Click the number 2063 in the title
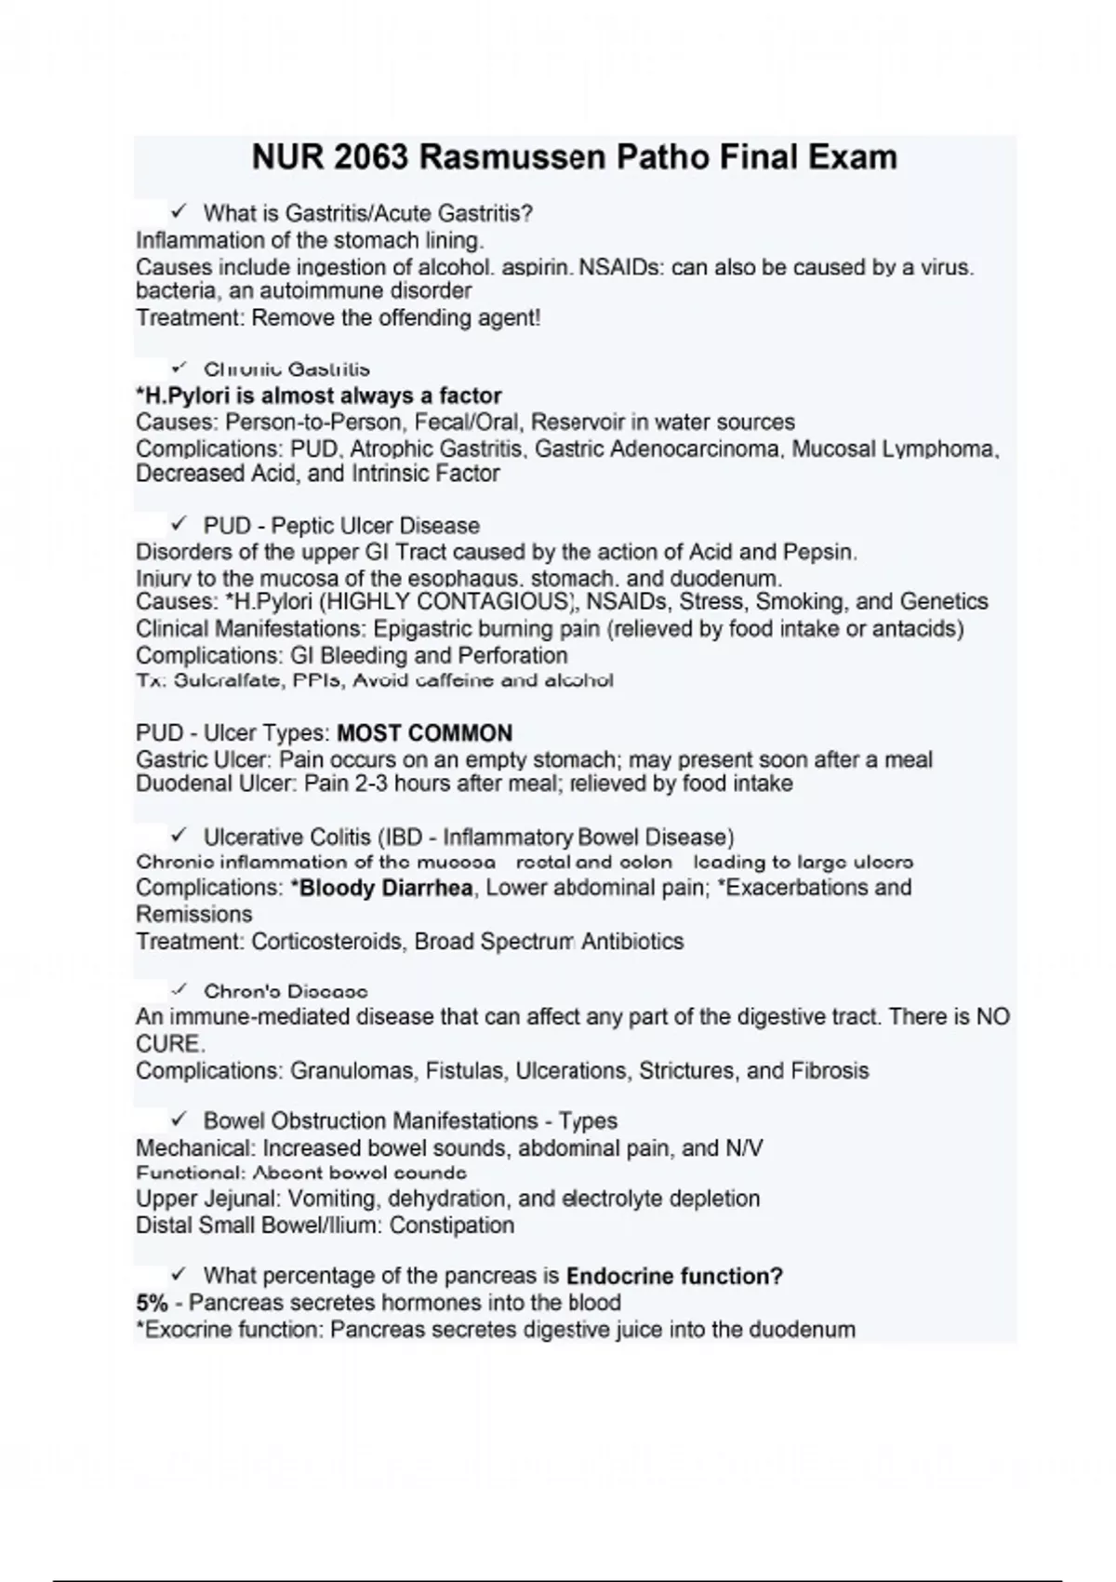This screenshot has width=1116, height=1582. click(x=369, y=156)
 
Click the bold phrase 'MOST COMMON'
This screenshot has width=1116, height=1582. click(x=424, y=733)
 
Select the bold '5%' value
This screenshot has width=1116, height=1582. click(x=152, y=1303)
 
